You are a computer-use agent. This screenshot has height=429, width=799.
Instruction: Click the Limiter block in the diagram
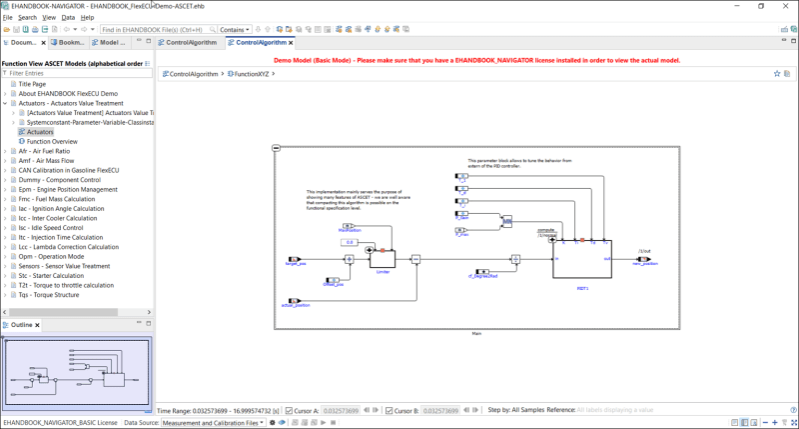click(383, 258)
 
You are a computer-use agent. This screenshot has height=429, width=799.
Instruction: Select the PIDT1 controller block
click(582, 258)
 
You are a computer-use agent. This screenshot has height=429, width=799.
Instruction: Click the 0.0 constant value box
click(350, 242)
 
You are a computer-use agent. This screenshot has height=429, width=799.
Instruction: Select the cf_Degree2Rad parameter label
click(483, 275)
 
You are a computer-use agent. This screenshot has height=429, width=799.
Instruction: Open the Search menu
click(27, 17)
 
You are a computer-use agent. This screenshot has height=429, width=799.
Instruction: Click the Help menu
click(88, 17)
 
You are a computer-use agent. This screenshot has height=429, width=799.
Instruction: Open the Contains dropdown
click(236, 30)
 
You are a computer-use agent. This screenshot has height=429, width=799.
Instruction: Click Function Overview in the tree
click(52, 141)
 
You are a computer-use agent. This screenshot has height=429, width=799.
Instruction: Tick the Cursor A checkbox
click(290, 410)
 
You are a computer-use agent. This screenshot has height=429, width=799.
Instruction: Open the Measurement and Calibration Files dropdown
click(217, 422)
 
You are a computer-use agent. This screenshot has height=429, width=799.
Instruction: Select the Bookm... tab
click(69, 43)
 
